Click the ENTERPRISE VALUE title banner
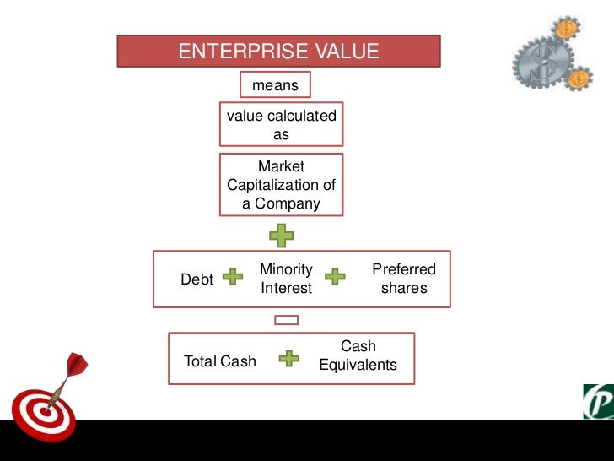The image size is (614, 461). click(279, 52)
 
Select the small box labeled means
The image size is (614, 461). click(275, 85)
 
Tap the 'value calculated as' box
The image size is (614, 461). click(281, 125)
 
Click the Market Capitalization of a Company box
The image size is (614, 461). click(281, 185)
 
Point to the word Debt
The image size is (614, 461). click(197, 279)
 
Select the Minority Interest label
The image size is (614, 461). click(286, 279)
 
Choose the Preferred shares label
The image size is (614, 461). click(404, 279)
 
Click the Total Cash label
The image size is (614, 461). click(220, 361)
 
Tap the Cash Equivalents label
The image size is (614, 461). click(358, 356)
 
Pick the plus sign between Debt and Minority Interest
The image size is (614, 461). click(232, 277)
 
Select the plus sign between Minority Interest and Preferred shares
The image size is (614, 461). click(336, 277)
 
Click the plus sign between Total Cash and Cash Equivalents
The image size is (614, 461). click(288, 359)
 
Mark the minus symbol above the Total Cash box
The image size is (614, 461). click(287, 320)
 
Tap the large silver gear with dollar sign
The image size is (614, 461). click(541, 63)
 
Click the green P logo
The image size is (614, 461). click(598, 401)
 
